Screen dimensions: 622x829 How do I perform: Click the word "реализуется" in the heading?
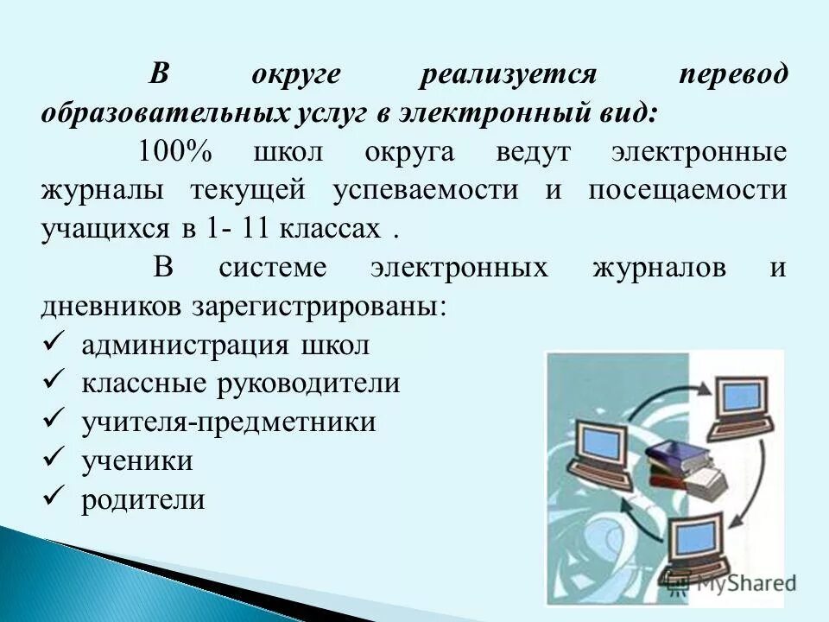pos(509,75)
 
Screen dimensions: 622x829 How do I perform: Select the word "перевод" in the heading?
pos(732,75)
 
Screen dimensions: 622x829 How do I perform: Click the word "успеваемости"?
pos(426,190)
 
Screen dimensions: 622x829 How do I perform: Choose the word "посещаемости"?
pos(687,190)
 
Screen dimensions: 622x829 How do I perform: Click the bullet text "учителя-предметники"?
pos(229,422)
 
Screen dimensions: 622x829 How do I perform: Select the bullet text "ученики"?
pos(137,461)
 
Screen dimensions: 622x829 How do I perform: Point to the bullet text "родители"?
pos(143,500)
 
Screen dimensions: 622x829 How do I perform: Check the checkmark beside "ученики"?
pos(54,458)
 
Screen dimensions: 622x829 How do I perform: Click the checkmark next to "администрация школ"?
pos(54,342)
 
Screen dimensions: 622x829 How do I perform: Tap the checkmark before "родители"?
pos(54,497)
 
